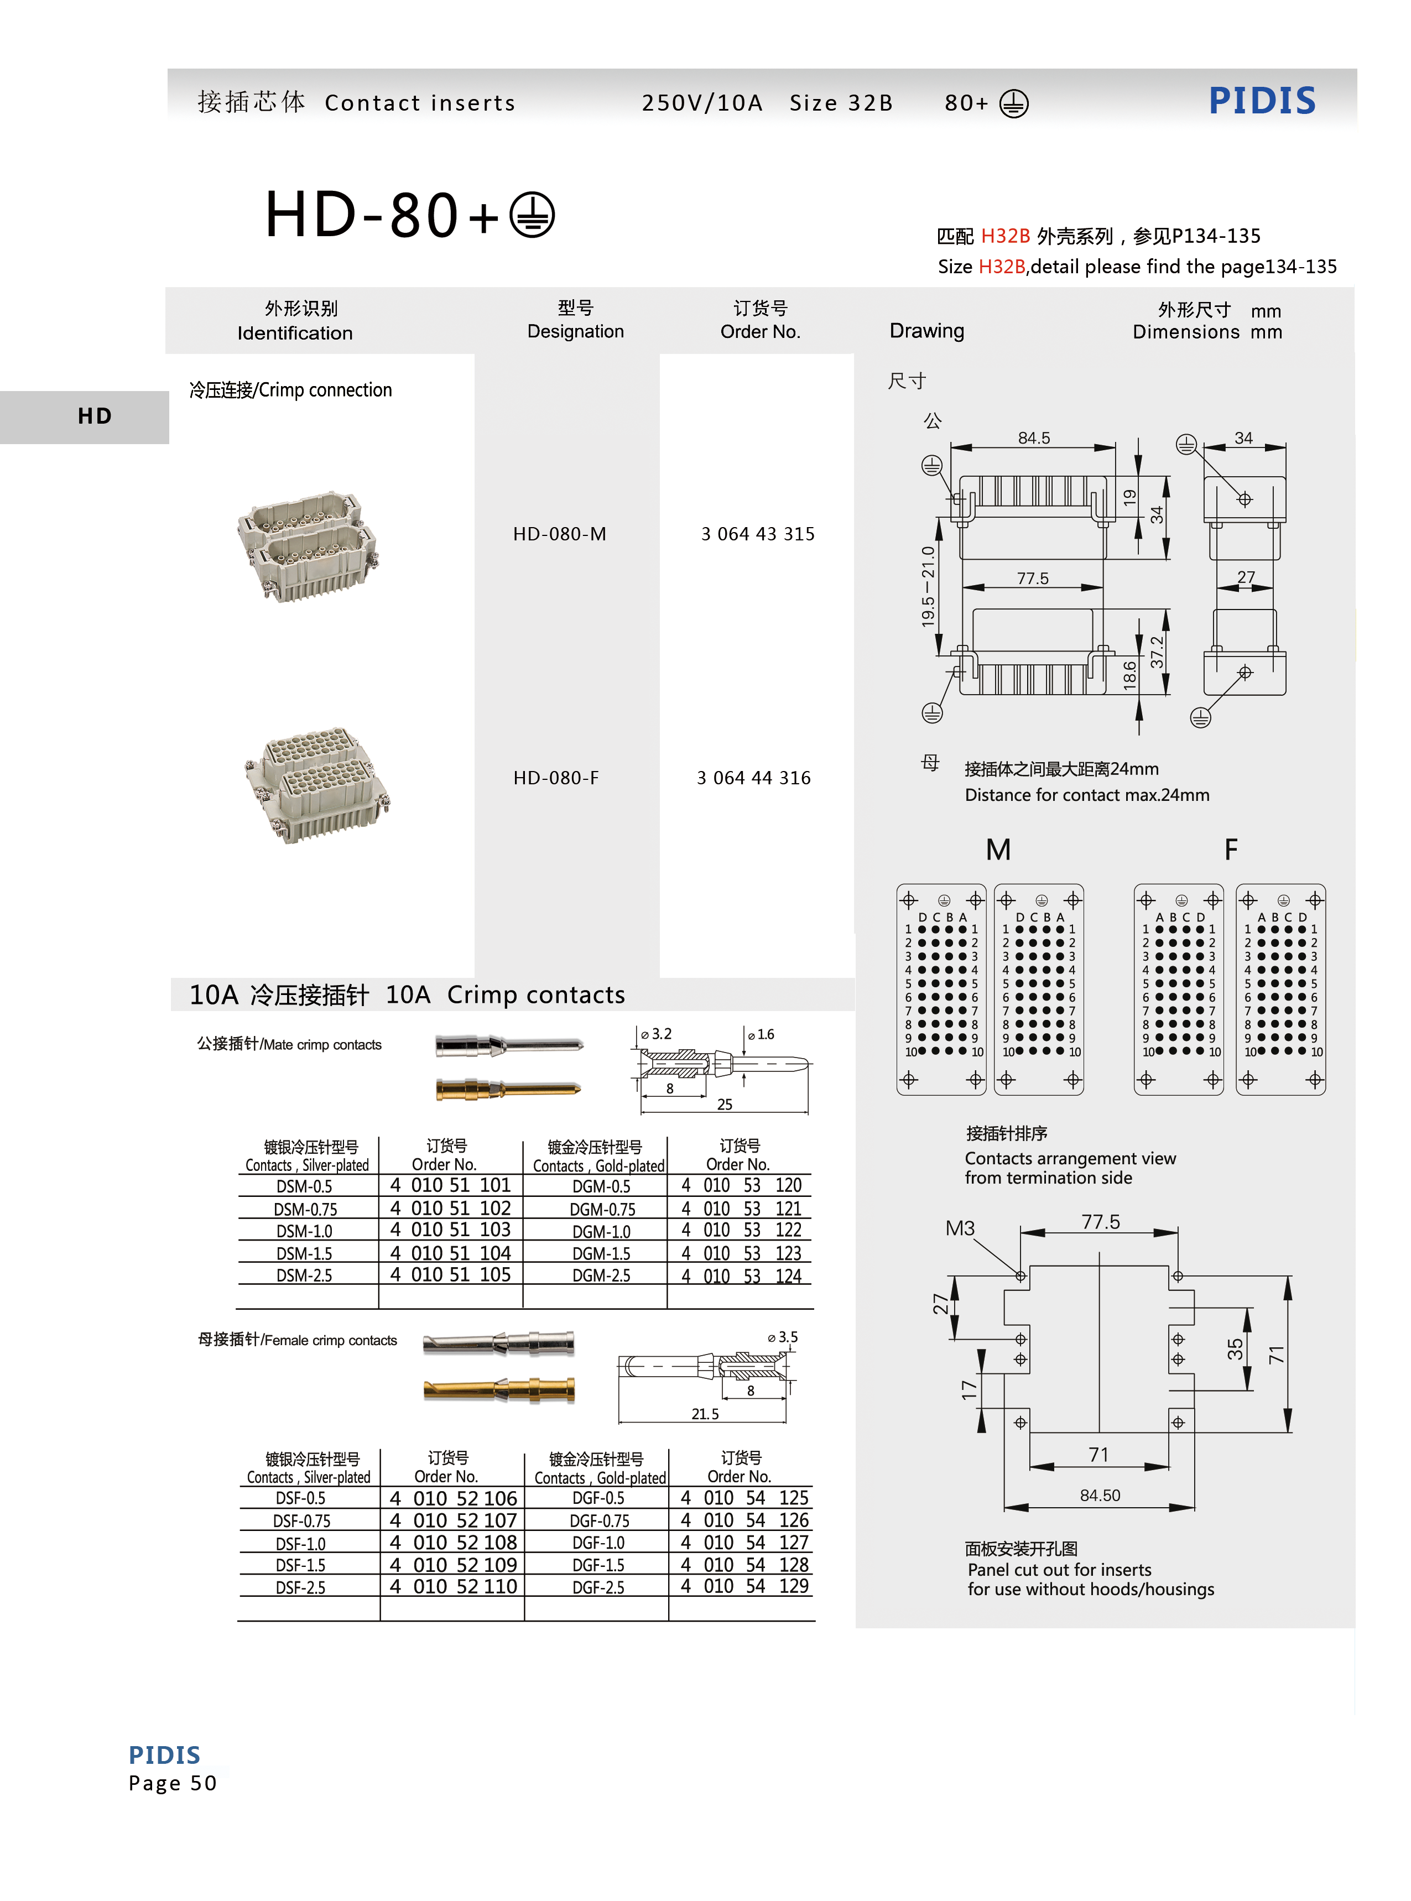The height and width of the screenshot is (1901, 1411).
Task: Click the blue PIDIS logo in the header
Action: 1262,101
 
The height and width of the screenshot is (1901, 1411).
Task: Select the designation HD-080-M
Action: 559,534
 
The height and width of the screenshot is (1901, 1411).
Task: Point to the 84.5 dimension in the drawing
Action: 1033,438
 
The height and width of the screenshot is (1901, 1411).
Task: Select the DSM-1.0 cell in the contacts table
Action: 304,1231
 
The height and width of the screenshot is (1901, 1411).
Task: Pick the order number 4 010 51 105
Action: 450,1275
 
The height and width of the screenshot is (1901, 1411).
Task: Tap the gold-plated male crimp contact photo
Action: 508,1089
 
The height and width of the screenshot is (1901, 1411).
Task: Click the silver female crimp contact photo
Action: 499,1343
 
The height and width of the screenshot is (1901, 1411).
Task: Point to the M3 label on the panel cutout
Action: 959,1228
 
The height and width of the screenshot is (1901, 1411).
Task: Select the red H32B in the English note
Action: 1001,267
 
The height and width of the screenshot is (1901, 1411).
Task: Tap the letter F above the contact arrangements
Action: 1230,850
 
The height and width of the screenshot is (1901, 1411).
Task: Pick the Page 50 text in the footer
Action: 173,1783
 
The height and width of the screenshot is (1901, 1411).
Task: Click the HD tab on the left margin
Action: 94,416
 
